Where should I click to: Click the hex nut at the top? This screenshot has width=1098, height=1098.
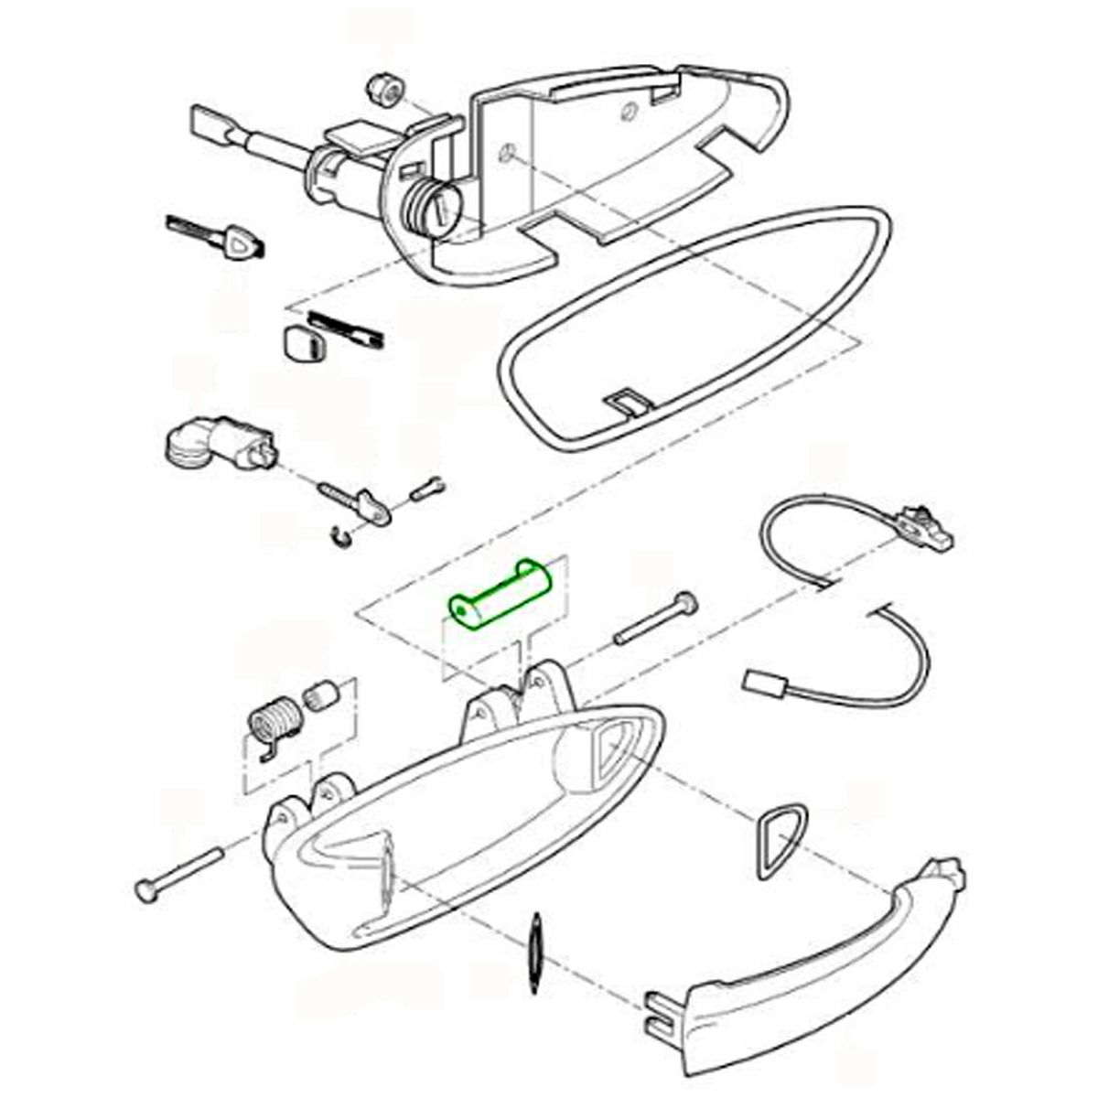click(x=380, y=90)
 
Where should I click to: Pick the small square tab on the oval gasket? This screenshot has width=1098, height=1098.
click(x=628, y=401)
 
